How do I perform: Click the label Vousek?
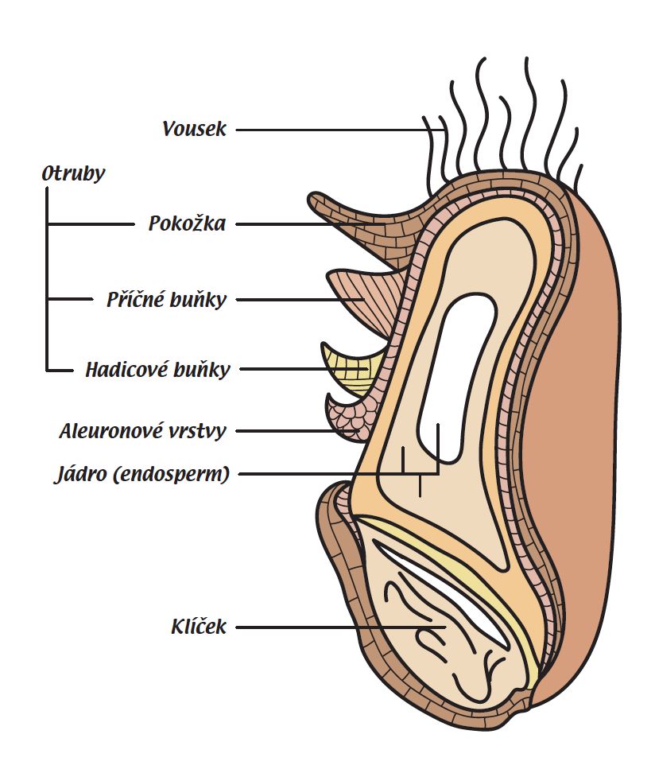pos(194,129)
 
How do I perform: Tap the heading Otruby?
pos(73,174)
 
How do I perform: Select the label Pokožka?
pos(187,223)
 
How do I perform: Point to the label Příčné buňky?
pos(167,300)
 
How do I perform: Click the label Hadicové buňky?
pos(157,369)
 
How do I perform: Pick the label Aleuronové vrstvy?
pos(143,431)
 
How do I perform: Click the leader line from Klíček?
pos(334,627)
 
